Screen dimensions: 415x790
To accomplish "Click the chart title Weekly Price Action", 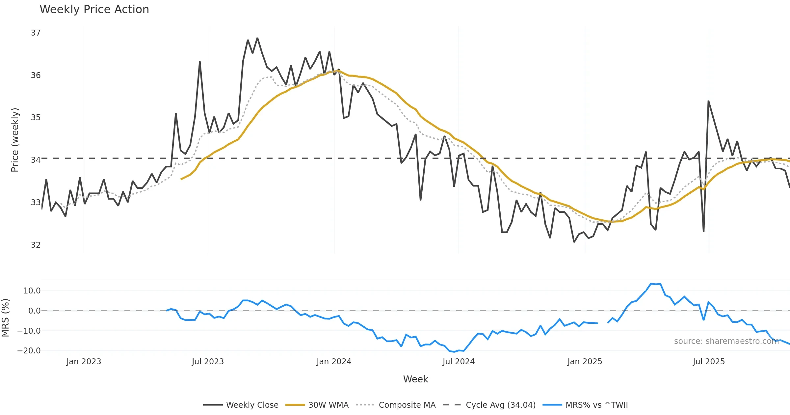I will coord(94,10).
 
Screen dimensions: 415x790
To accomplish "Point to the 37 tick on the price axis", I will coord(36,33).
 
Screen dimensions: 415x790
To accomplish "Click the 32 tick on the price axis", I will coord(36,245).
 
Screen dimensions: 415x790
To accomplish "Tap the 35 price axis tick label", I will coord(36,118).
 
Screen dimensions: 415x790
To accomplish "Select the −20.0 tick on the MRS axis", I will coord(29,351).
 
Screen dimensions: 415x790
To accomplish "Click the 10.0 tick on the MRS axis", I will coord(32,291).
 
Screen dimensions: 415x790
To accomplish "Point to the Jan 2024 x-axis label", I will coord(334,362).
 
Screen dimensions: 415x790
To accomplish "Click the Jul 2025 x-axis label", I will coord(709,362).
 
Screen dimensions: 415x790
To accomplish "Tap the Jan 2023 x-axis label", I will coord(84,362).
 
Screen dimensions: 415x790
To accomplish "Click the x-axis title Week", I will coord(415,379).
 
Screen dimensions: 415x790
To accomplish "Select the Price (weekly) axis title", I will coord(15,140).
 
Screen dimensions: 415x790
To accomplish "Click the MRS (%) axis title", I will coord(5,318).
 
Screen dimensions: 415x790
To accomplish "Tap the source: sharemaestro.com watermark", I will coord(726,341).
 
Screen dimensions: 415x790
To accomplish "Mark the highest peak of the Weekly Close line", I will coord(257,38).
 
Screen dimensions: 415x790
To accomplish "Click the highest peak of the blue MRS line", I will coord(651,284).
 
